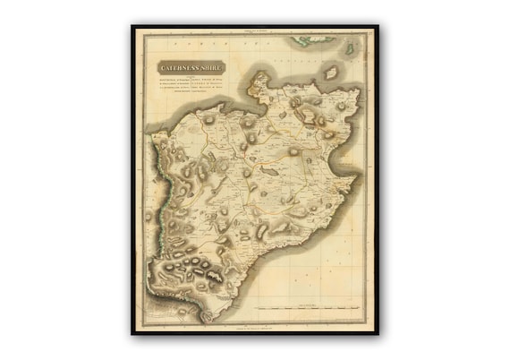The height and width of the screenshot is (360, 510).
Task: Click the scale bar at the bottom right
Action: point(309,309)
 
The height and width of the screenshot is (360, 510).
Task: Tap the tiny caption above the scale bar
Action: point(309,303)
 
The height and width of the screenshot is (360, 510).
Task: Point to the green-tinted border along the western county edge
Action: point(156,193)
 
